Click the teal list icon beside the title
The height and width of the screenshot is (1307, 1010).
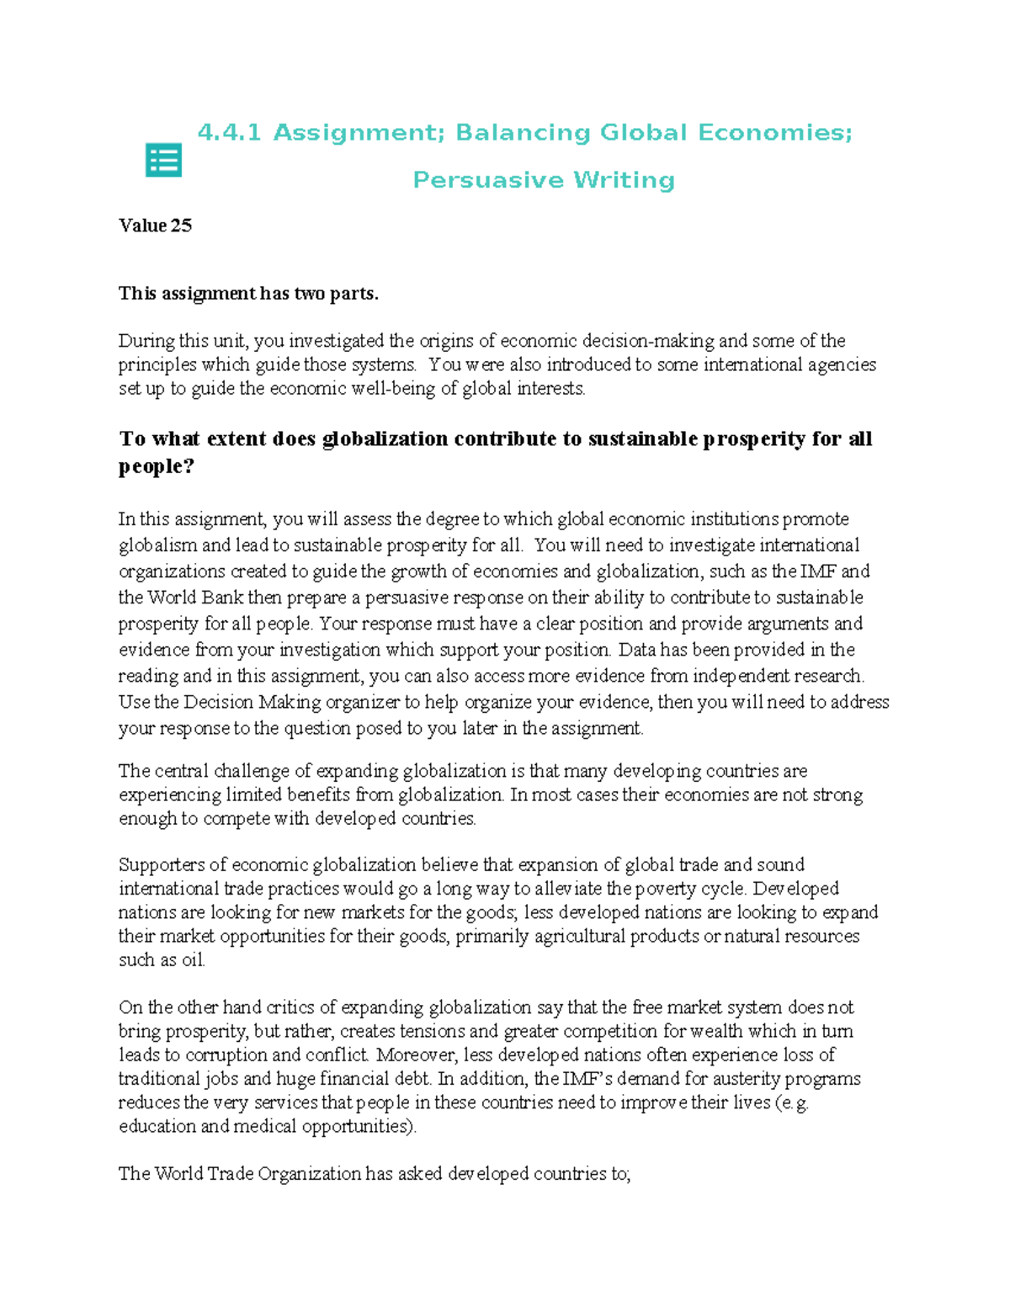(x=163, y=160)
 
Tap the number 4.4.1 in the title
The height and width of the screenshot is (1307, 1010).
(x=229, y=133)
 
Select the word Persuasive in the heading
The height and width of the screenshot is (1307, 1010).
(x=487, y=180)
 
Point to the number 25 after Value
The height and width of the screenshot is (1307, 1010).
(x=181, y=226)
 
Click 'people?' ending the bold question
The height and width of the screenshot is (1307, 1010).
(x=157, y=467)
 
